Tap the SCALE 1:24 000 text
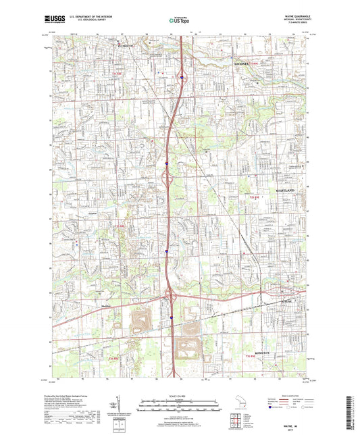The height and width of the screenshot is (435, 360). click(179, 395)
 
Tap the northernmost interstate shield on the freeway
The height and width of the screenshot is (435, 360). click(182, 77)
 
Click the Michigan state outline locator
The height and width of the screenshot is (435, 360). click(238, 403)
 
